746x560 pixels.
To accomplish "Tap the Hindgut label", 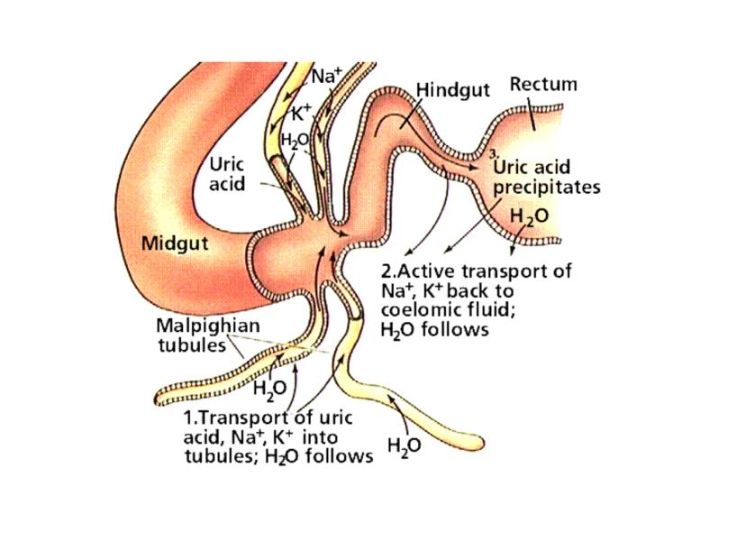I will pos(452,91).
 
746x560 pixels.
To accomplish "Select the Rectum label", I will pos(543,85).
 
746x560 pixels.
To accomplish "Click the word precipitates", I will pos(547,188).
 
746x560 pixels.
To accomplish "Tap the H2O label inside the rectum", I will pos(529,217).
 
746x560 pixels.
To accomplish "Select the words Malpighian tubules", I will pos(195,335).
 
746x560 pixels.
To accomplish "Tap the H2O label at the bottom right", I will pos(404,445).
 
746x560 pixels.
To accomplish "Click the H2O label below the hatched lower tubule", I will pos(269,389).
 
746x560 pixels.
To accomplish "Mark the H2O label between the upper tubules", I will pos(295,141).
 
